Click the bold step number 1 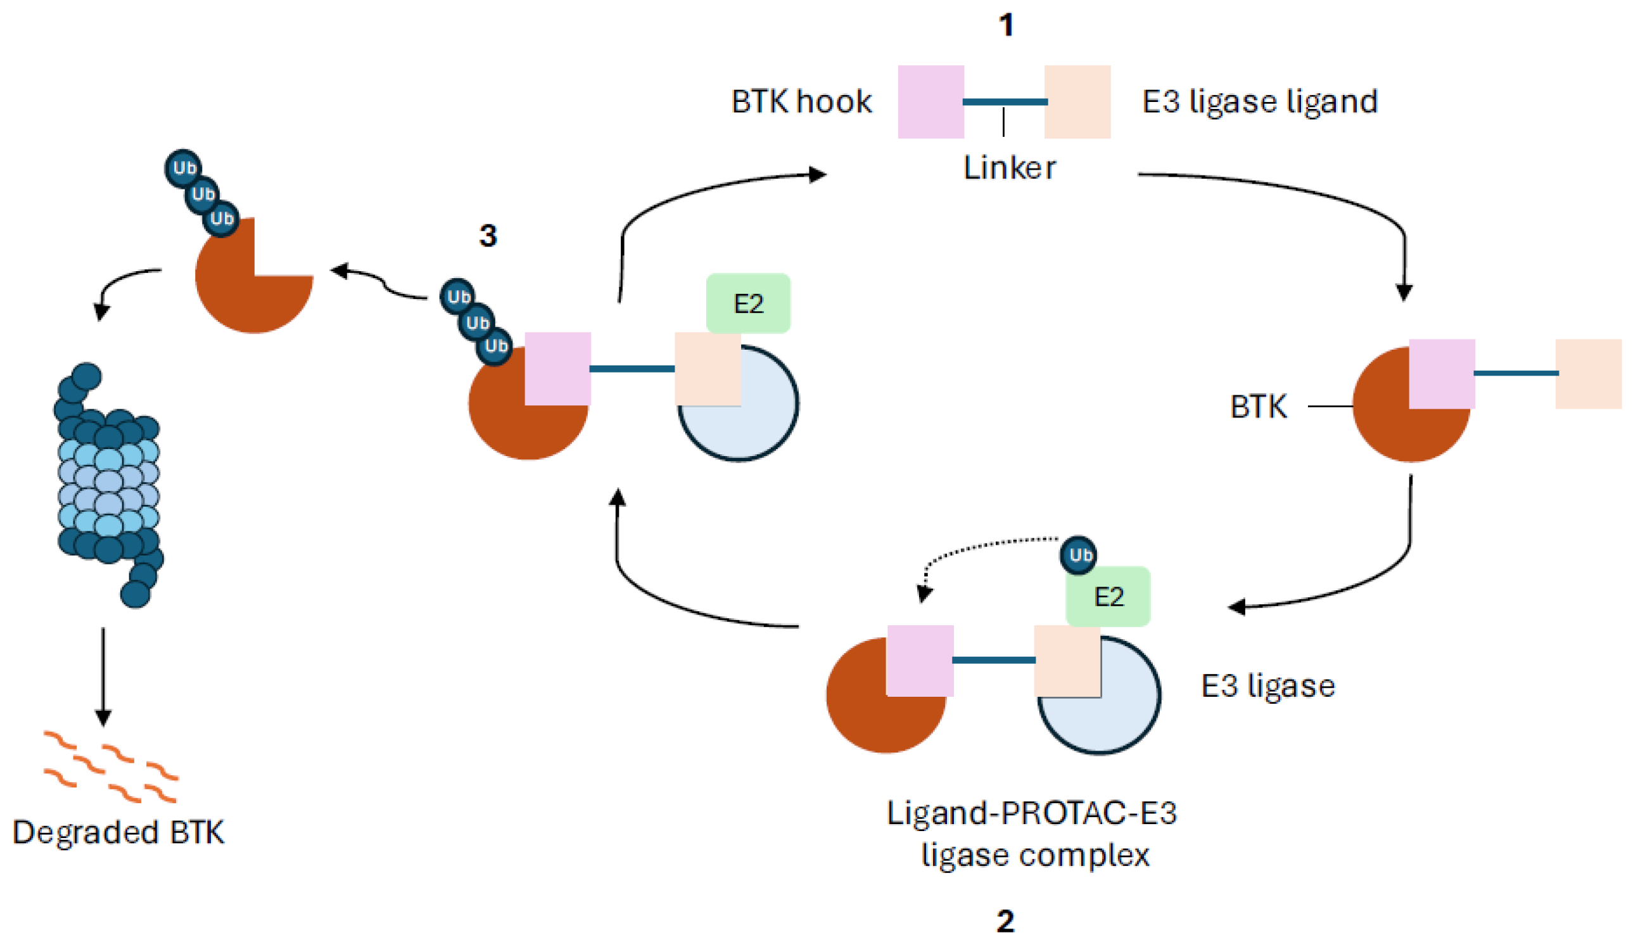pyautogui.click(x=1006, y=26)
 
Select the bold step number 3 pyautogui.click(x=488, y=236)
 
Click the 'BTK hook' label pyautogui.click(x=801, y=102)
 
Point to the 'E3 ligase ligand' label pyautogui.click(x=1260, y=102)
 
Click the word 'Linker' pyautogui.click(x=1009, y=168)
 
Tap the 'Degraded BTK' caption pyautogui.click(x=118, y=832)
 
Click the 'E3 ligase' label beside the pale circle pyautogui.click(x=1267, y=687)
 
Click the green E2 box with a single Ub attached pyautogui.click(x=1109, y=597)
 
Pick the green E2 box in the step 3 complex pyautogui.click(x=748, y=303)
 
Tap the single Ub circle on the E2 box pyautogui.click(x=1079, y=555)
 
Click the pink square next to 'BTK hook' pyautogui.click(x=931, y=102)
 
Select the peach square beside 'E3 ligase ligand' pyautogui.click(x=1077, y=102)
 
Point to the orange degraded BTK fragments pyautogui.click(x=110, y=767)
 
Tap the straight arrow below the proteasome pyautogui.click(x=103, y=676)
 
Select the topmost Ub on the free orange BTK pyautogui.click(x=182, y=168)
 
